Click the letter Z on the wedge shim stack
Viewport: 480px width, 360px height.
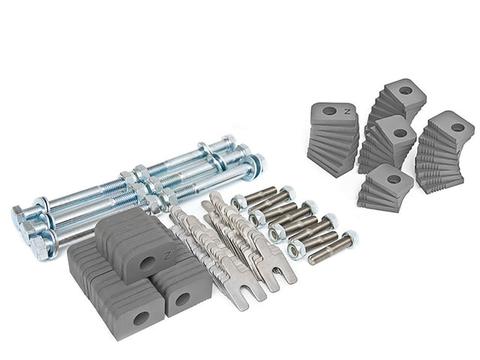[346, 112]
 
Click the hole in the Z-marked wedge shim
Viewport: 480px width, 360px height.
[329, 112]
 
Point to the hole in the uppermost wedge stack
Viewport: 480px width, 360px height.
[405, 91]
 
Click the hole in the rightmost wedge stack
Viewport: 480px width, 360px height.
[457, 127]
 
